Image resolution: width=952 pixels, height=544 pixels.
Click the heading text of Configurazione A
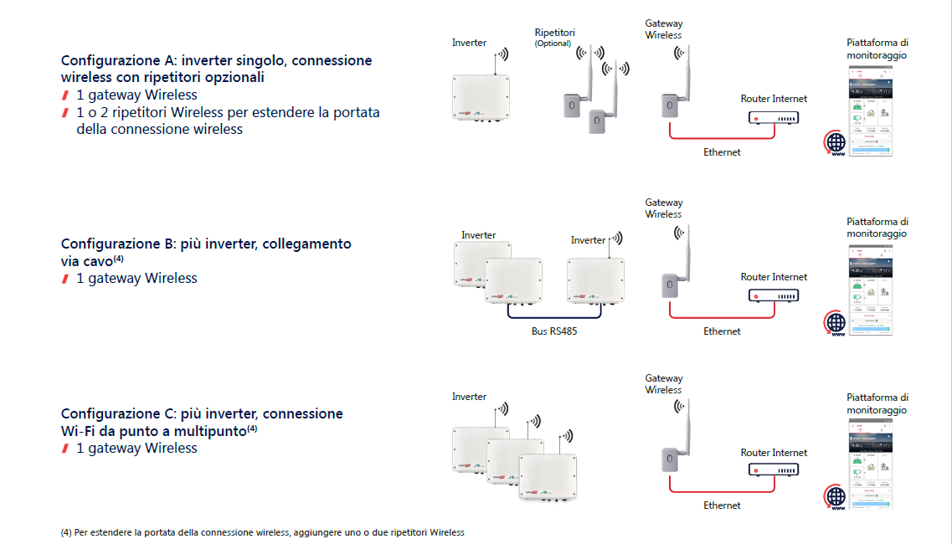(x=216, y=69)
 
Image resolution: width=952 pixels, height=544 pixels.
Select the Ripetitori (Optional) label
(x=555, y=38)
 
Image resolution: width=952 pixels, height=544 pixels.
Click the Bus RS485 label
(x=554, y=331)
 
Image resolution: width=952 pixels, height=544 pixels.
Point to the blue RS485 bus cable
(x=554, y=319)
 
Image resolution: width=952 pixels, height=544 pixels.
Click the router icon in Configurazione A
(x=773, y=118)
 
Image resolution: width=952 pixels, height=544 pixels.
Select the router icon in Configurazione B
(x=773, y=296)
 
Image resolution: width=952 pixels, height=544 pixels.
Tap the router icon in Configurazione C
(x=773, y=471)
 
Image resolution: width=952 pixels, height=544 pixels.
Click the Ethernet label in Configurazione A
(x=722, y=152)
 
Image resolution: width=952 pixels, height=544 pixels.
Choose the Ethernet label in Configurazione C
(x=722, y=506)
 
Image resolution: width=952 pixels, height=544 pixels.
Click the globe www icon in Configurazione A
(x=836, y=144)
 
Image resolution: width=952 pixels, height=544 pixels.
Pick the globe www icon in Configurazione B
(x=836, y=323)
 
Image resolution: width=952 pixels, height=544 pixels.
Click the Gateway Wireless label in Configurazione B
(x=664, y=208)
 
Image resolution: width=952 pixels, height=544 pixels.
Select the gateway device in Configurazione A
(x=669, y=105)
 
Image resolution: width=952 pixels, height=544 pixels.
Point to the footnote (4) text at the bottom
(x=262, y=532)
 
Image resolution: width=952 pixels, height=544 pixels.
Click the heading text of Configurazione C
(x=202, y=422)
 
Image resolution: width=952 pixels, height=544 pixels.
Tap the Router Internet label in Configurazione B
(x=774, y=277)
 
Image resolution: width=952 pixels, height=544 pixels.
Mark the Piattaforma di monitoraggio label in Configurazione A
(x=877, y=49)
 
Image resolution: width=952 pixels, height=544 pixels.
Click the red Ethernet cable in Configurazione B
(x=708, y=318)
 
